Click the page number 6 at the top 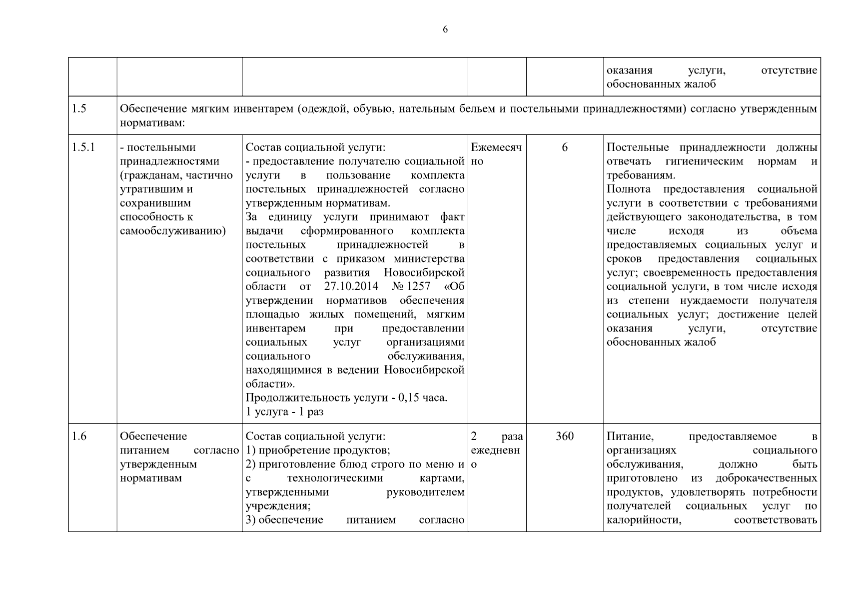coord(445,29)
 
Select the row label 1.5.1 coord(83,147)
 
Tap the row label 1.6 coord(79,436)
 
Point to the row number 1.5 coord(79,109)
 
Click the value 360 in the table coord(565,436)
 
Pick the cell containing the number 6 coord(565,147)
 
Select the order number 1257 coord(420,287)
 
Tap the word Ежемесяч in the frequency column coord(496,147)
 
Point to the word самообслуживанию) coord(173,231)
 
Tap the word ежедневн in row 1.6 coord(495,450)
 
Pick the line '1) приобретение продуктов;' coord(318,450)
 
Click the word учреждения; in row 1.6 coord(278,506)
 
